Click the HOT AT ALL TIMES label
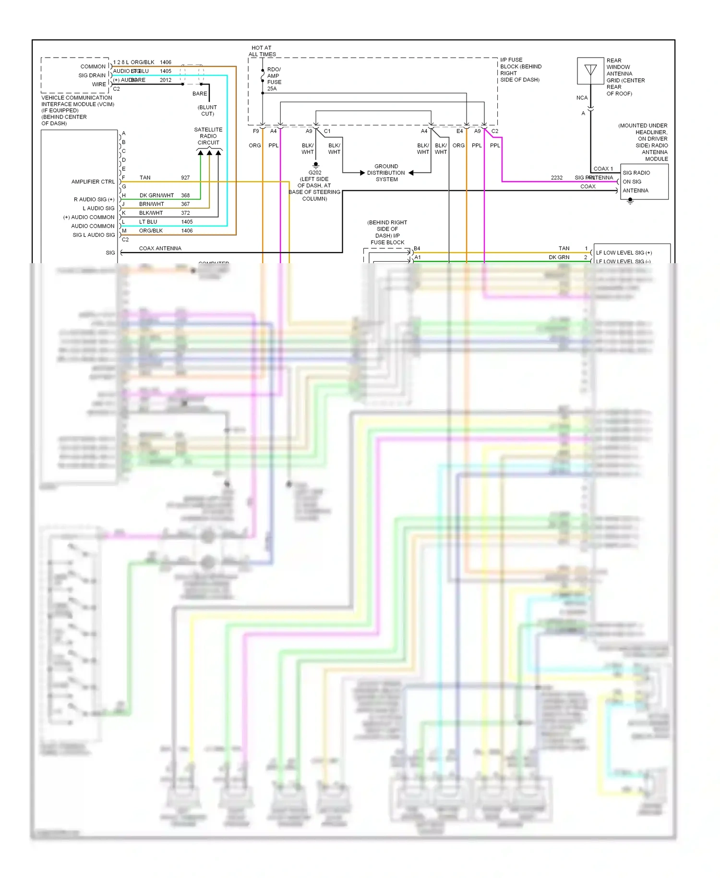coord(262,51)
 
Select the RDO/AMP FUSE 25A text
coord(274,79)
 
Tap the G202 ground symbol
coord(315,165)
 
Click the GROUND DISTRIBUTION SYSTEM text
coord(386,173)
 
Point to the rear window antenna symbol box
coord(590,71)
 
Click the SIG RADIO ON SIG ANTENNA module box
coord(644,182)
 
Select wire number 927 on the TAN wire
coord(185,178)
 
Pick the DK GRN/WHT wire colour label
coord(156,195)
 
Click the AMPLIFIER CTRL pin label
coord(93,182)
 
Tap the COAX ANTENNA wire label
coord(160,248)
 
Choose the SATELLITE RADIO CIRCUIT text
coord(208,136)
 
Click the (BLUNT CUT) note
coord(207,110)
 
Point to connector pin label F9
coord(256,131)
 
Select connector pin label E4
coord(459,131)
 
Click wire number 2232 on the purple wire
coord(556,178)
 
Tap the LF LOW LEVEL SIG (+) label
coord(624,253)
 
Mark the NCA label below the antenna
coord(582,98)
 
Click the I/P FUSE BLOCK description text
coord(521,70)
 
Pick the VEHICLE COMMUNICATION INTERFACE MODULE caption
coord(77,110)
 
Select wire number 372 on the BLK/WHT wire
coord(185,213)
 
